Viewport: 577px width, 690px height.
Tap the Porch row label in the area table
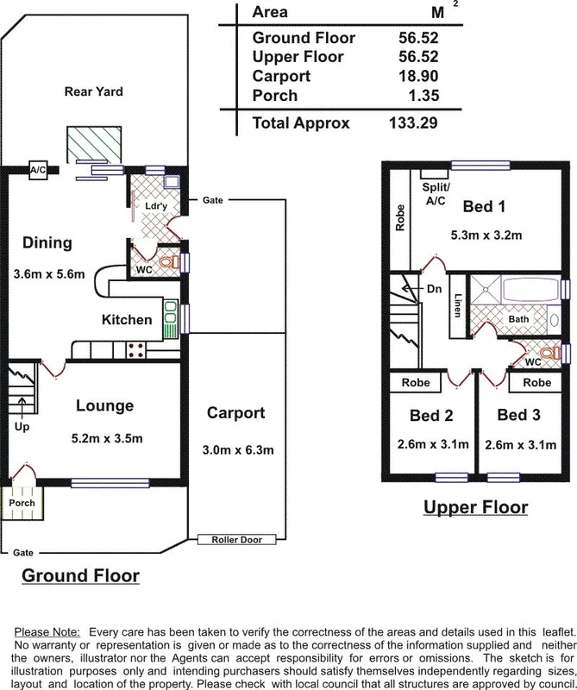[274, 95]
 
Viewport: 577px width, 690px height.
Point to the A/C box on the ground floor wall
[38, 169]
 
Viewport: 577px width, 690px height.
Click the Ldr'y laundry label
[155, 208]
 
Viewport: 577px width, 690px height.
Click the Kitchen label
[127, 320]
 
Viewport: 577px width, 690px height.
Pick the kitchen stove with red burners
[135, 349]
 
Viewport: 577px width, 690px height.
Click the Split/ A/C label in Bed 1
[432, 193]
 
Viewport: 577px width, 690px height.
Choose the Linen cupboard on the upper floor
[457, 305]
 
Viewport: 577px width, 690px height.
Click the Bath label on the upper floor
[518, 319]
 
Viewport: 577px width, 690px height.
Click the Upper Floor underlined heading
[475, 506]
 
